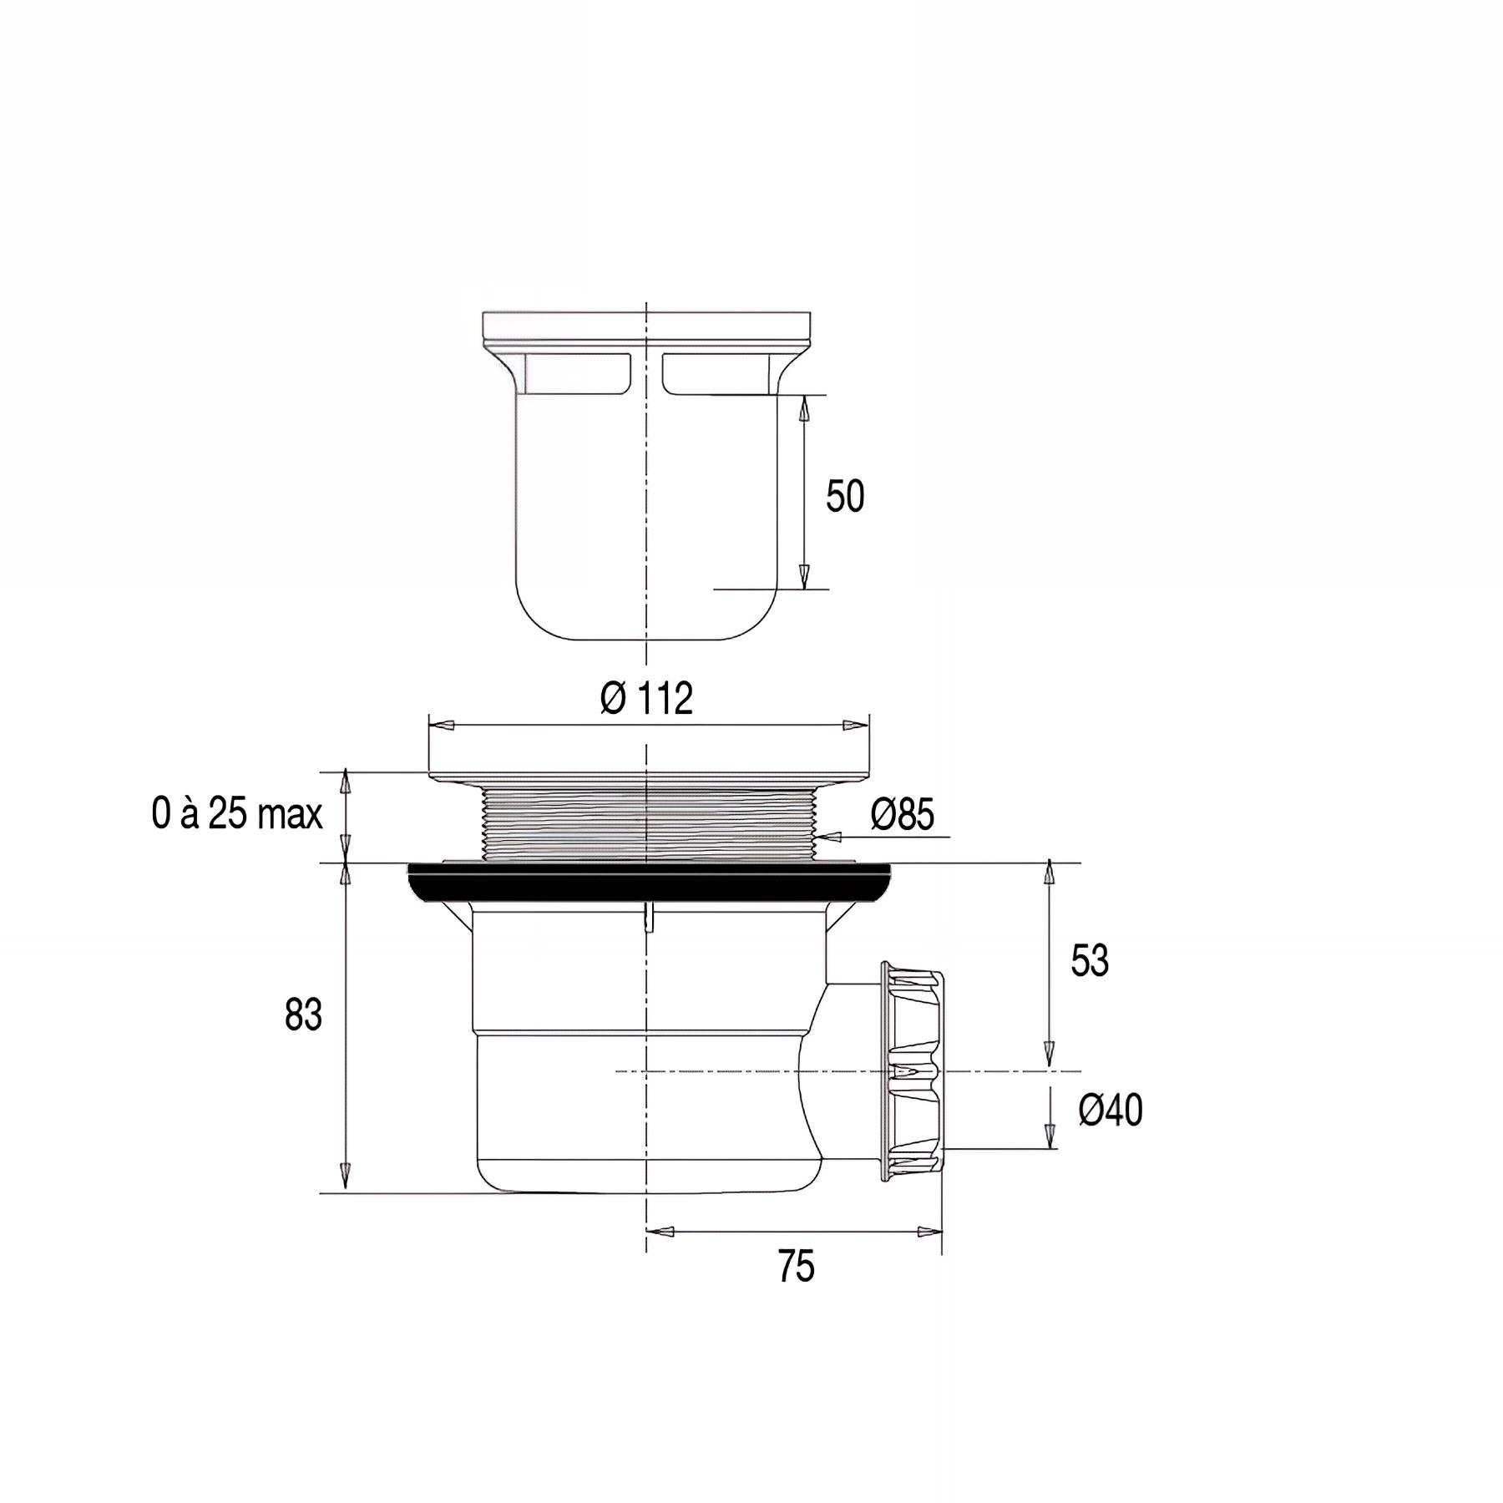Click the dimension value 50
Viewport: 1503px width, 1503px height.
point(845,496)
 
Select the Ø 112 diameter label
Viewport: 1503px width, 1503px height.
point(647,698)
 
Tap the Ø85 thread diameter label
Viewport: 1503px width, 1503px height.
point(902,814)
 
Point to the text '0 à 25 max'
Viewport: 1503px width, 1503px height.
point(237,813)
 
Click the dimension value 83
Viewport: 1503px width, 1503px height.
point(303,1015)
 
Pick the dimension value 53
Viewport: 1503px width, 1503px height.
point(1090,961)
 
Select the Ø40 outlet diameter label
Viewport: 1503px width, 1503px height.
point(1111,1111)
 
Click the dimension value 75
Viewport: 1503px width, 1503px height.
point(796,1267)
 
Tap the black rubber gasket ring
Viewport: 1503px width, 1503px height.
point(651,884)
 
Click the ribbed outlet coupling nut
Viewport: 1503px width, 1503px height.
point(912,1071)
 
